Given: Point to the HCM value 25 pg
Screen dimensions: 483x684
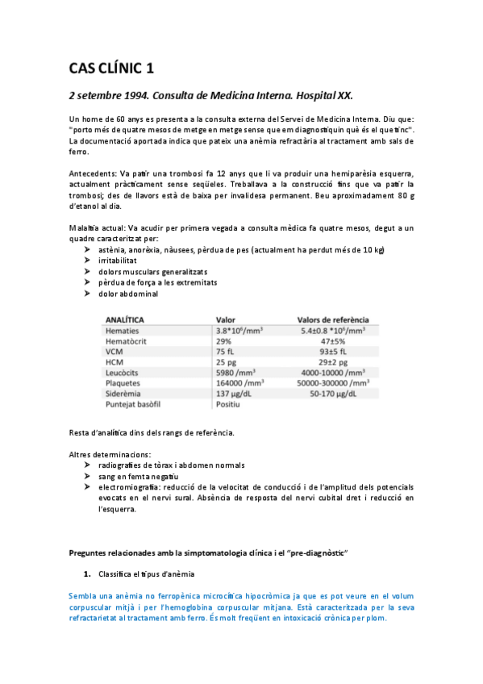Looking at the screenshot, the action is click(x=227, y=362).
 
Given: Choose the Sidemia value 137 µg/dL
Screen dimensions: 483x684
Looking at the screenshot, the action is click(x=238, y=394).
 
